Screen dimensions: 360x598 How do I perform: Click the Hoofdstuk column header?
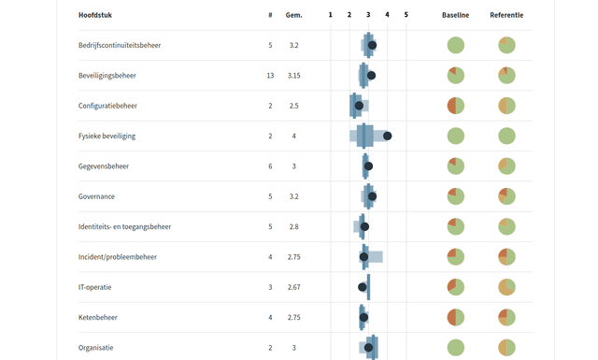95,15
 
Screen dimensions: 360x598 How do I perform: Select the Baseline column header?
455,15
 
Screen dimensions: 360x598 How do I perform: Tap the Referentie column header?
506,15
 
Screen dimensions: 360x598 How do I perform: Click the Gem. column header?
293,15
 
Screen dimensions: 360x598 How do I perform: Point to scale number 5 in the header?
406,15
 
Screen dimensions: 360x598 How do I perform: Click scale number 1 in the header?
330,15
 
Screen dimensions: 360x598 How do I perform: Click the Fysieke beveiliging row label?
107,136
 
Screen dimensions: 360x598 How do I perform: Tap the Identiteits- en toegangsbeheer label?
124,226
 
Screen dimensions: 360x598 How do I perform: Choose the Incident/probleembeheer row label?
118,256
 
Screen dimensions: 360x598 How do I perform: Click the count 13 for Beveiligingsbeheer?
270,76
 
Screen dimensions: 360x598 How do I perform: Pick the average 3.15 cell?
293,76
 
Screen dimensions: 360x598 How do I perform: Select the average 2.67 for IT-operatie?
293,287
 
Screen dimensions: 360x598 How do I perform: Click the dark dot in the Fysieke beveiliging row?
387,136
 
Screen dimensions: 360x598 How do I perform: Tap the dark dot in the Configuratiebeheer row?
359,106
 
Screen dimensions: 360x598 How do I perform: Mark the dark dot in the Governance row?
372,196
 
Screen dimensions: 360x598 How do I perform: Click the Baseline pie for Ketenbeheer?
455,317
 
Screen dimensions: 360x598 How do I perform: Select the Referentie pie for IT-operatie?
506,287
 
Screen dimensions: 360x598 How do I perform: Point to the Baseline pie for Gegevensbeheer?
455,166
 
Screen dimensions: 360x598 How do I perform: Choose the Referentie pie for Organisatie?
506,347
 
